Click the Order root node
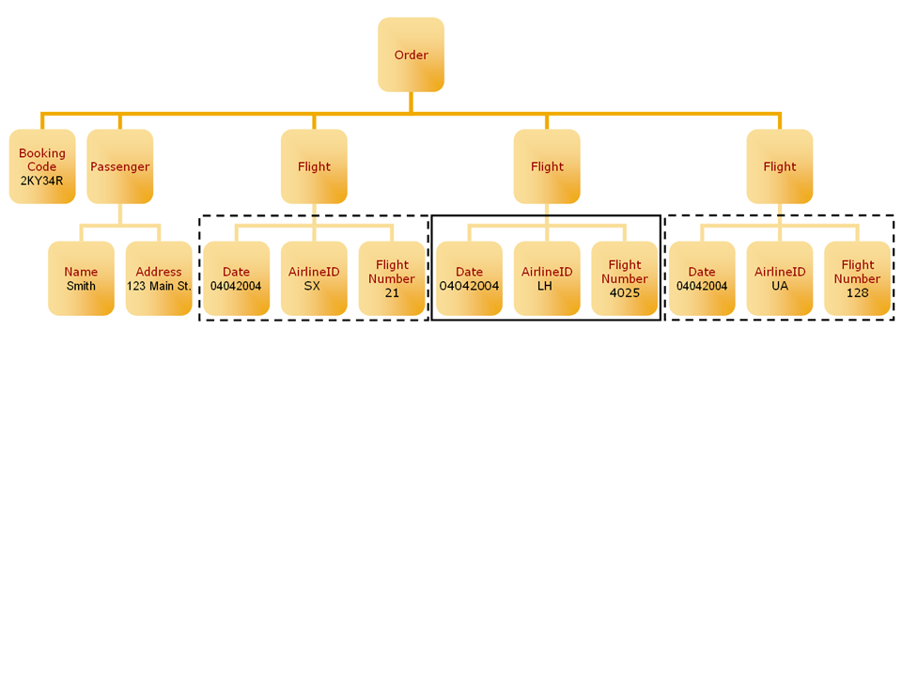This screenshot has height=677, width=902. pyautogui.click(x=411, y=55)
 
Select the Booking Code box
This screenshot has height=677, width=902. pyautogui.click(x=42, y=166)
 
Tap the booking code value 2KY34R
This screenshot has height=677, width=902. pyautogui.click(x=42, y=181)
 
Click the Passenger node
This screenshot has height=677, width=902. pyautogui.click(x=119, y=166)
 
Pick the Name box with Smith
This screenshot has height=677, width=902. pyautogui.click(x=81, y=278)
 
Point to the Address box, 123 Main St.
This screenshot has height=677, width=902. pyautogui.click(x=159, y=278)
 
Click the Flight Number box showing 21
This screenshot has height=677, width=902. pyautogui.click(x=392, y=278)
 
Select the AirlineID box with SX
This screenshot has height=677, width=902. pyautogui.click(x=314, y=278)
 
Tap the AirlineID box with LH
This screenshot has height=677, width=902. pyautogui.click(x=547, y=278)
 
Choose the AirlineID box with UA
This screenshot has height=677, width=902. pyautogui.click(x=780, y=278)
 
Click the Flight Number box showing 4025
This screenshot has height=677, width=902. pyautogui.click(x=625, y=278)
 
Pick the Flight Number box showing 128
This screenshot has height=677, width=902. pyautogui.click(x=857, y=278)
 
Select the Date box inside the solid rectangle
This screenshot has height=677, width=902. pyautogui.click(x=469, y=278)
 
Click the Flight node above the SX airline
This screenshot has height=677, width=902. pyautogui.click(x=314, y=166)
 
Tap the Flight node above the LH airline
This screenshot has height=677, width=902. pyautogui.click(x=547, y=166)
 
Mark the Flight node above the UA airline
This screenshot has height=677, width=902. pyautogui.click(x=780, y=166)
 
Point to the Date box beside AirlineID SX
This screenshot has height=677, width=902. pyautogui.click(x=236, y=278)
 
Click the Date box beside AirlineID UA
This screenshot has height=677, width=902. pyautogui.click(x=702, y=278)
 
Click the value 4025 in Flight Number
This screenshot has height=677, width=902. pyautogui.click(x=625, y=292)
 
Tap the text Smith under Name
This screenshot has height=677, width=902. pyautogui.click(x=81, y=286)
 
